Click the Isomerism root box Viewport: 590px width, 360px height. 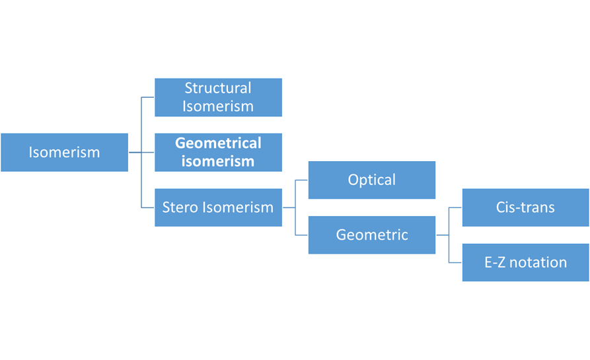[64, 153]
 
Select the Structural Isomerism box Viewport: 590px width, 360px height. [218, 97]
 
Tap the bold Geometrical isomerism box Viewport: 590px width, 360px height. [218, 153]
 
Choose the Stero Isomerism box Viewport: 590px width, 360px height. [218, 207]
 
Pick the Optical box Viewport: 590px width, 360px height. [372, 180]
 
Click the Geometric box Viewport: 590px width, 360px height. [372, 234]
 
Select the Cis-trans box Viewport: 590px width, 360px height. [526, 207]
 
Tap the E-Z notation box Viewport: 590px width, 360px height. [526, 262]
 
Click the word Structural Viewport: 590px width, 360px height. [218, 88]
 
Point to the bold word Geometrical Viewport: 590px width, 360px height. [218, 143]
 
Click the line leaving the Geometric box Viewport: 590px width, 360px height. [443, 235]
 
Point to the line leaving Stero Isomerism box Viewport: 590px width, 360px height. [289, 207]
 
